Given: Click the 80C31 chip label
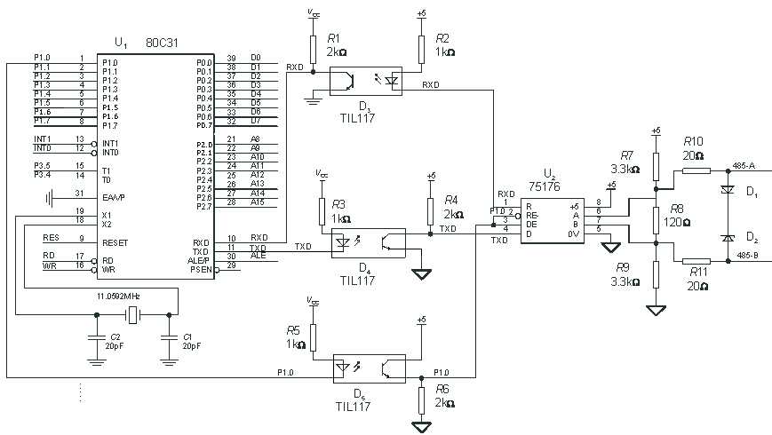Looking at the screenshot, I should point(163,42).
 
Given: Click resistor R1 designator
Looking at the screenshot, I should point(333,39).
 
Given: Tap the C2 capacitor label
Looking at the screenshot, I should point(114,336).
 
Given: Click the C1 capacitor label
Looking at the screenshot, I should point(187,336).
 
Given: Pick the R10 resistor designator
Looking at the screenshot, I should point(693,141).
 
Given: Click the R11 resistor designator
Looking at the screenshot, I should point(696,274).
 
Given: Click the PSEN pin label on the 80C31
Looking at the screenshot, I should point(203,268).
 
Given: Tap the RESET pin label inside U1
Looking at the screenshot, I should point(115,242).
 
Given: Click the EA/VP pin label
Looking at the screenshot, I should point(114,197).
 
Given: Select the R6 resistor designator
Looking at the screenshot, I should point(441,389).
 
